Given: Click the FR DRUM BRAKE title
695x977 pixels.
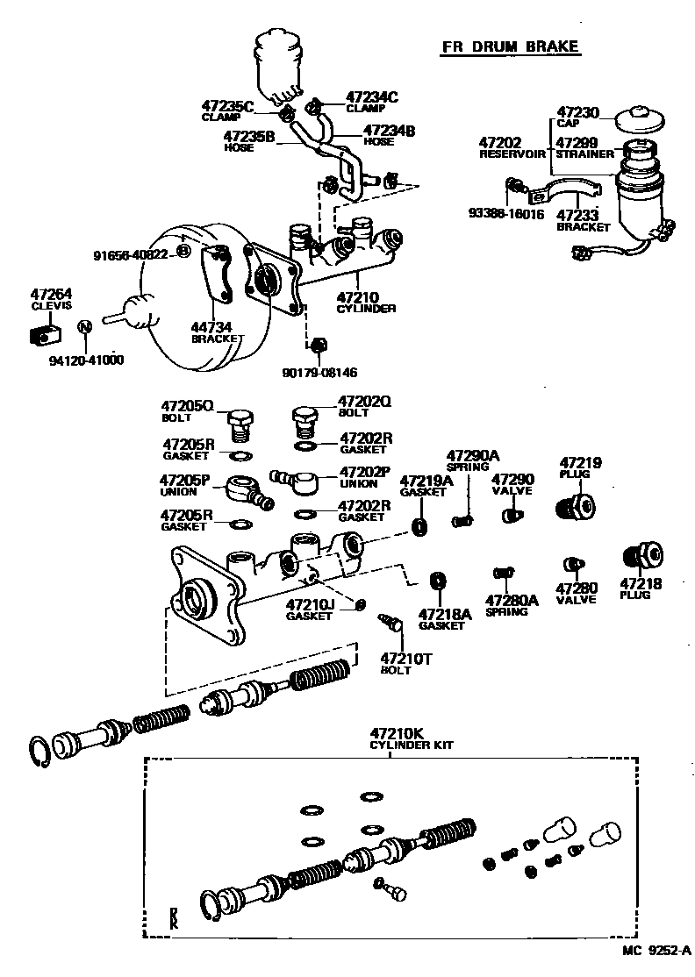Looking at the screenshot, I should pos(509,46).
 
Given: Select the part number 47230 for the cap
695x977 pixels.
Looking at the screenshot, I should pos(579,112).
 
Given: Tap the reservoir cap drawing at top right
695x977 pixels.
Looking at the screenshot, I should pos(638,119).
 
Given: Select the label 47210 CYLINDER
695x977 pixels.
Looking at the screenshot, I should pos(366,302).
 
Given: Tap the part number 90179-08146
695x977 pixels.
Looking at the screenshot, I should pos(319,372).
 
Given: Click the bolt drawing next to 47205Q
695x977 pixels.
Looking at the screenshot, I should pos(240,425).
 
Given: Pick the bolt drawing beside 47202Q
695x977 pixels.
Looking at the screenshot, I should pos(305,421).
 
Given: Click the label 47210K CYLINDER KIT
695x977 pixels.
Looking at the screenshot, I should pos(410,739).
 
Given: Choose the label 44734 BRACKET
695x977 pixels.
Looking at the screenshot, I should pos(217,332).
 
